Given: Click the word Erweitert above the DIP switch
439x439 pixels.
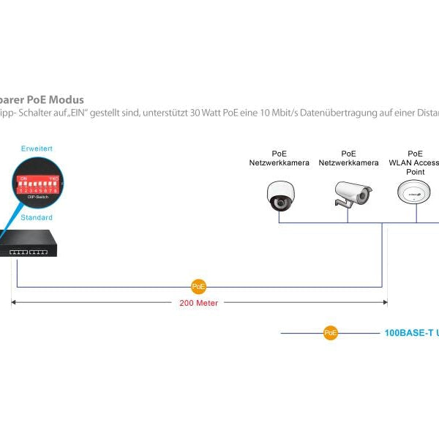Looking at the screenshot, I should [37, 149].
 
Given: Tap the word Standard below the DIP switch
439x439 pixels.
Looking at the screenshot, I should [37, 217].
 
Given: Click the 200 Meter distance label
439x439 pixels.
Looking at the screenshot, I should [198, 303].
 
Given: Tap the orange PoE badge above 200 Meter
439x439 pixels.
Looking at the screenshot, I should [198, 287].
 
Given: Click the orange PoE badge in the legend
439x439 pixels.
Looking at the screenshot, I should [331, 333].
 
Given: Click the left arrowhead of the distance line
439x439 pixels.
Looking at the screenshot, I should [13, 301].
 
